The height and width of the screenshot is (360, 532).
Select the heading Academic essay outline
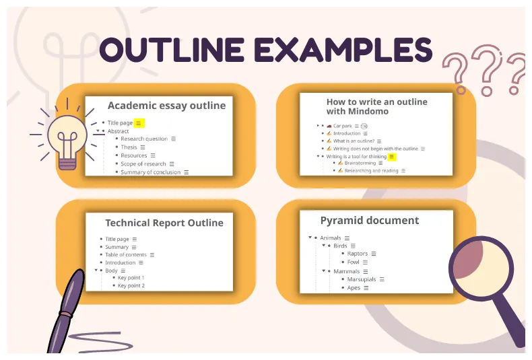pyautogui.click(x=166, y=106)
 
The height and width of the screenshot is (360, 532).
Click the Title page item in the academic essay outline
pyautogui.click(x=120, y=123)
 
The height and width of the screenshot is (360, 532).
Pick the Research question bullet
pyautogui.click(x=144, y=139)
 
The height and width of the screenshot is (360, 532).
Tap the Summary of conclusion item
pyautogui.click(x=150, y=172)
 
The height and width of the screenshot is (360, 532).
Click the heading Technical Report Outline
pyautogui.click(x=164, y=223)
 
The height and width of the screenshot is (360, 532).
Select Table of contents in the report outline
pyautogui.click(x=125, y=255)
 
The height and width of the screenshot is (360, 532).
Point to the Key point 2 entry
pyautogui.click(x=131, y=286)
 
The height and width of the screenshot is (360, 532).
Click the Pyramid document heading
pyautogui.click(x=369, y=221)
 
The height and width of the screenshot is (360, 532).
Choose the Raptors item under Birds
pyautogui.click(x=357, y=254)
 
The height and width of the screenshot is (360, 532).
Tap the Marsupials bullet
pyautogui.click(x=362, y=279)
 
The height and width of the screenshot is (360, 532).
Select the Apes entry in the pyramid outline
pyautogui.click(x=353, y=287)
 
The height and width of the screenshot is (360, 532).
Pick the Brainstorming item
pyautogui.click(x=360, y=163)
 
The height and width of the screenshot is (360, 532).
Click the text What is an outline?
pyautogui.click(x=354, y=141)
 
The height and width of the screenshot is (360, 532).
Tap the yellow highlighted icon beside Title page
pyautogui.click(x=139, y=123)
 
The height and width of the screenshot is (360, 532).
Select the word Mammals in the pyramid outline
pyautogui.click(x=346, y=271)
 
